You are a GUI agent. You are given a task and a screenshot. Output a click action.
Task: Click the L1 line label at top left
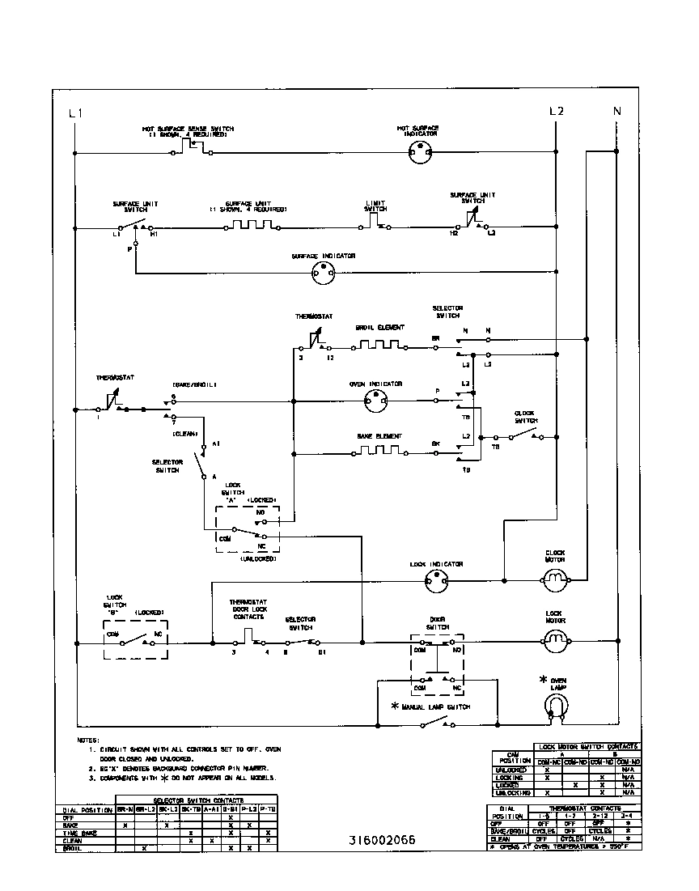pos(75,113)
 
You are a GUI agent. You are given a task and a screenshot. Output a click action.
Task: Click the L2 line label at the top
pos(556,111)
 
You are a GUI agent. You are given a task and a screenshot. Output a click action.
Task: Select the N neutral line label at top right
pos(616,111)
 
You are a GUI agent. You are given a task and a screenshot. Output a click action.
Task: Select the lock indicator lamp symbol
pos(435,580)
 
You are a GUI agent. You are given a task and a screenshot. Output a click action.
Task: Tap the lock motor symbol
pos(555,643)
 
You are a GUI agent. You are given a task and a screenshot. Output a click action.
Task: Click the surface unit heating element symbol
pos(255,227)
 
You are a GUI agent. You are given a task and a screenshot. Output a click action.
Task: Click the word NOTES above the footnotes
pos(87,740)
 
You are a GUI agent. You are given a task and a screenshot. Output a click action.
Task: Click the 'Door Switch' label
pos(438,624)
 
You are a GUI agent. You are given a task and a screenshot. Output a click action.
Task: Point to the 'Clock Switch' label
pos(525,418)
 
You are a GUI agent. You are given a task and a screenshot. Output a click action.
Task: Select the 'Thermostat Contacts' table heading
pos(587,808)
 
